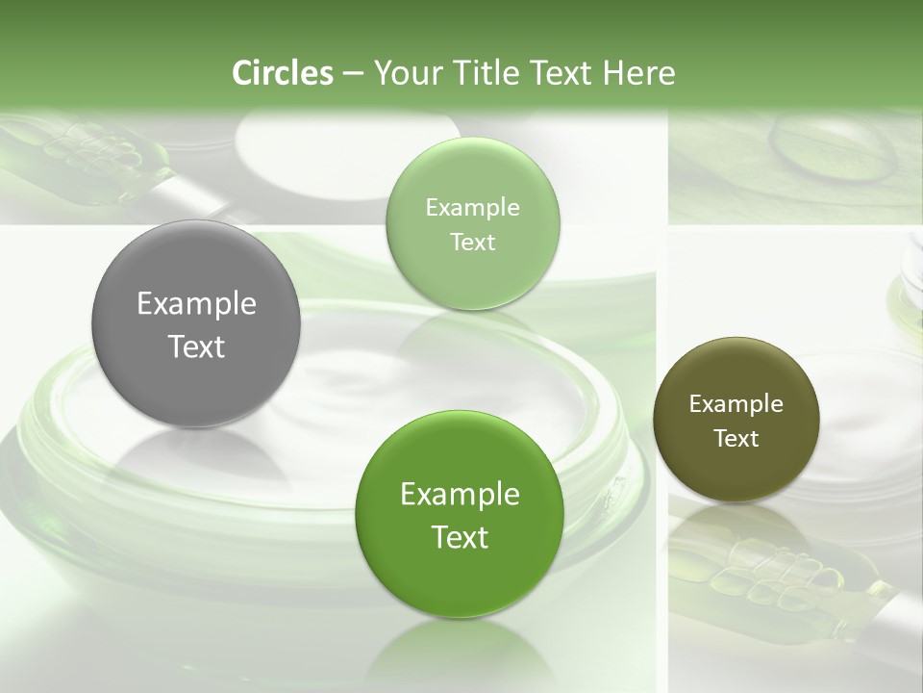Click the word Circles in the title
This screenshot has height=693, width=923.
(282, 73)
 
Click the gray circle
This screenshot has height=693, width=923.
(196, 324)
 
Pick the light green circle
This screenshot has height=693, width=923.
(472, 223)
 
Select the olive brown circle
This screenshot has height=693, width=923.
(736, 420)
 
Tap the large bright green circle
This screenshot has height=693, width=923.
(460, 514)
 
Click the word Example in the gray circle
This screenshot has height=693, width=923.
(196, 304)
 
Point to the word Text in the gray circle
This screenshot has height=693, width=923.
(196, 346)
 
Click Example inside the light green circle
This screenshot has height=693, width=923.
(472, 207)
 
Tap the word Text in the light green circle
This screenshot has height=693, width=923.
(472, 242)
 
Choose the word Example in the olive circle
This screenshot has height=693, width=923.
(736, 404)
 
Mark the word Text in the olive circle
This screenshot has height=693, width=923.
(736, 439)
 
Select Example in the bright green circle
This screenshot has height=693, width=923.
(460, 495)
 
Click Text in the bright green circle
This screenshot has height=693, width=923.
(460, 537)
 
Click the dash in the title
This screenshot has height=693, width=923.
(352, 74)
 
